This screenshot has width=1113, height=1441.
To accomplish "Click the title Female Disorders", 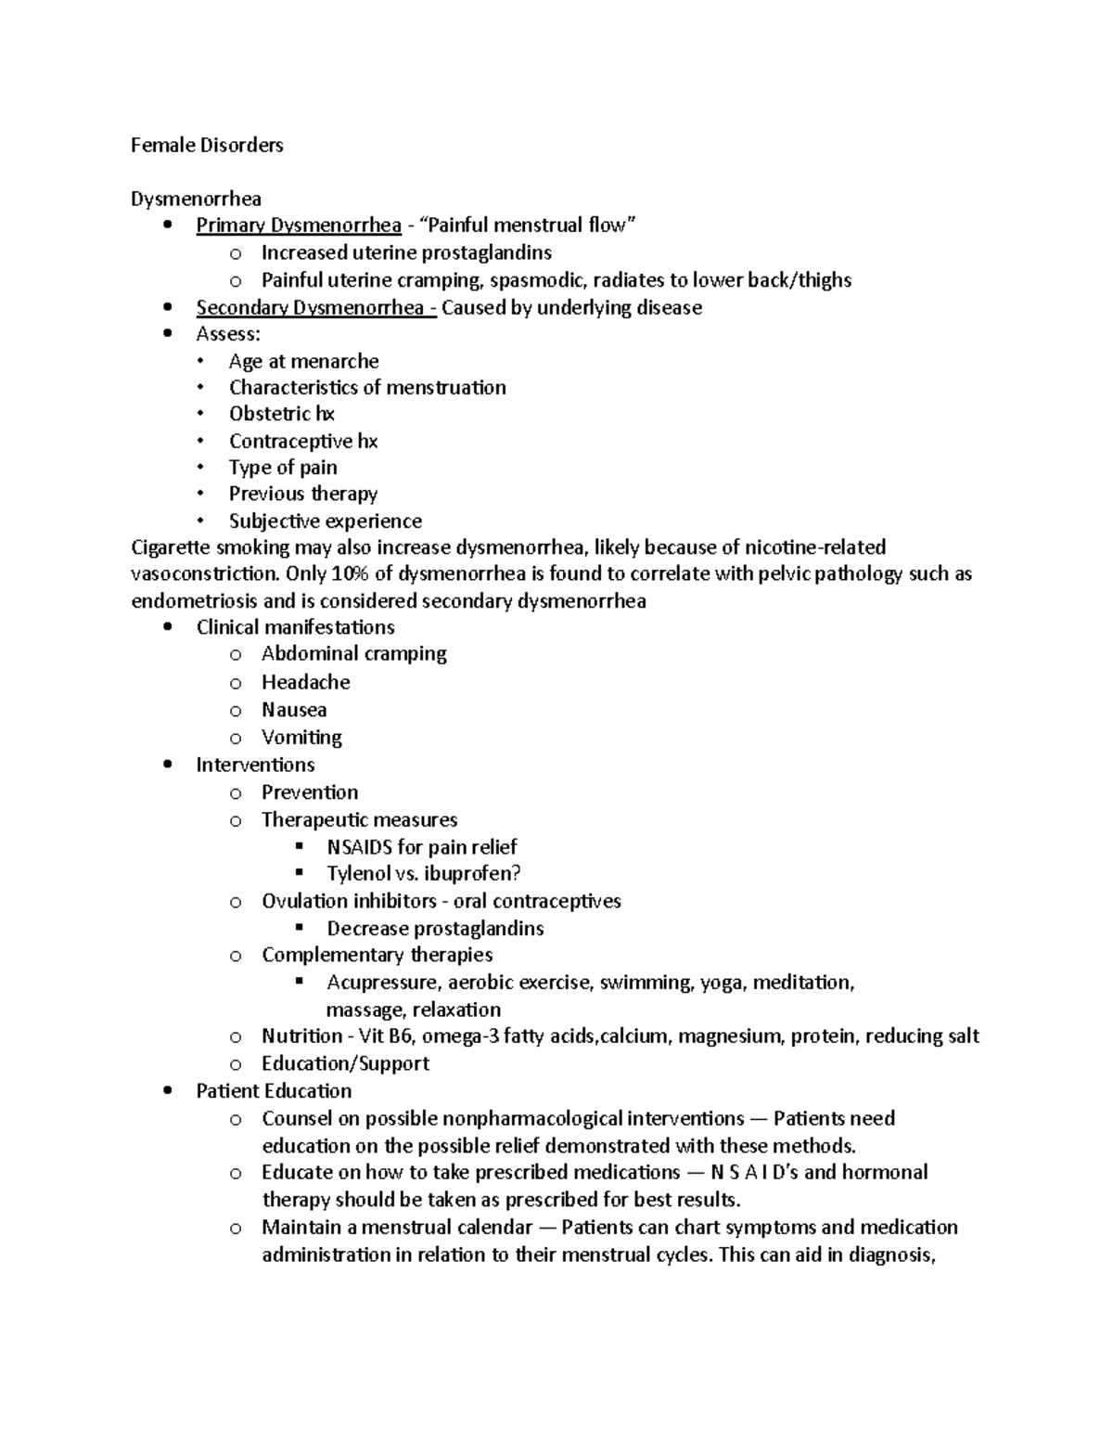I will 207,145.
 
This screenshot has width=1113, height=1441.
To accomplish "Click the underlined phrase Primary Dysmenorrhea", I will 299,225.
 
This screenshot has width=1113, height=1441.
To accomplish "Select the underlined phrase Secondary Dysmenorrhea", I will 316,307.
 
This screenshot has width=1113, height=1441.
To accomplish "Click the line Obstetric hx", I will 281,414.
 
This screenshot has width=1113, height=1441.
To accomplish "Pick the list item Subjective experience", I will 325,521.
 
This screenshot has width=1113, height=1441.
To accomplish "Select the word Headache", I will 305,682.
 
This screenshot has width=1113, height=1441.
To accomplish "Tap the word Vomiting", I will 301,737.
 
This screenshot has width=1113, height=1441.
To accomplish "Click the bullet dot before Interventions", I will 167,765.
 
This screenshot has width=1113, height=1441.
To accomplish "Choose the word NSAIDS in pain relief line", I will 360,846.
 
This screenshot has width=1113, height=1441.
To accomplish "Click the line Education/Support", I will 345,1063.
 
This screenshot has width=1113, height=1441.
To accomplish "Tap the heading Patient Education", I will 274,1090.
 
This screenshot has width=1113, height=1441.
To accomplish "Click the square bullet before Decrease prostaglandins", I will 299,927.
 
